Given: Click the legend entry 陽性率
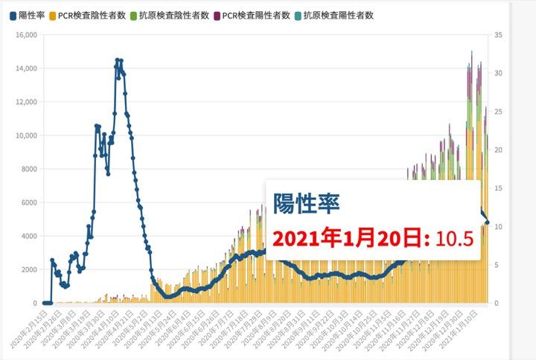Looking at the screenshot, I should pos(28,15).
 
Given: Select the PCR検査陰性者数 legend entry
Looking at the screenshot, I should pos(92,15).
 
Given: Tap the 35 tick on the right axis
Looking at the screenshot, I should pos(498,35).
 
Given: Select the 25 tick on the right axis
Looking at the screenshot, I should pos(498,112).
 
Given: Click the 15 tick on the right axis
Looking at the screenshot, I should pos(498,188).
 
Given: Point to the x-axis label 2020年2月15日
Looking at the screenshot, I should pos(29,327).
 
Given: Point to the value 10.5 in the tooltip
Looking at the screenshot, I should pos(455,239).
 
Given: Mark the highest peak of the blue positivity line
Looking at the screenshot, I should pos(118,60).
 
